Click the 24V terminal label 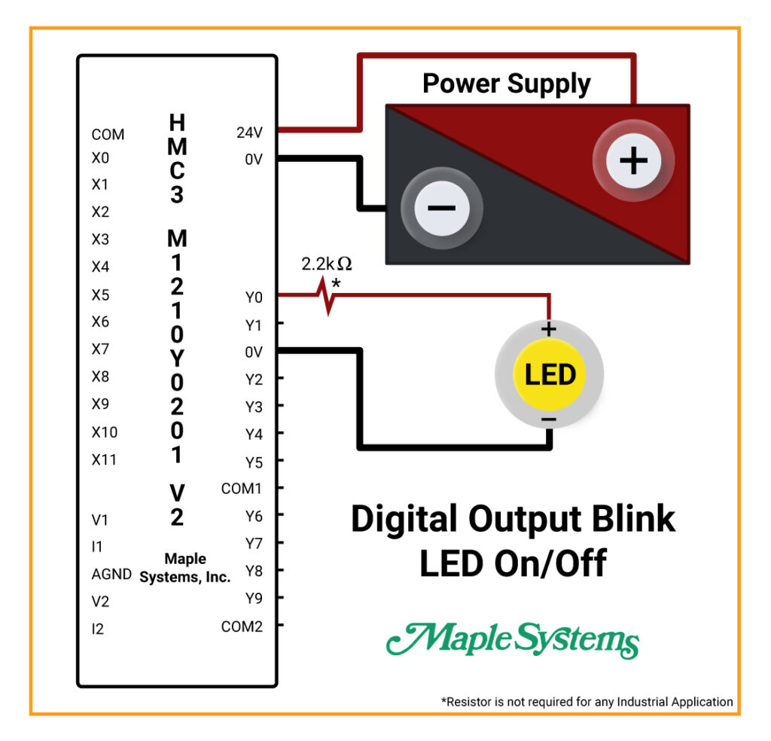(249, 133)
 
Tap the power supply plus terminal (633, 161)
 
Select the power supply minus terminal (441, 208)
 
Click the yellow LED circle (549, 375)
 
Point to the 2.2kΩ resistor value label (327, 264)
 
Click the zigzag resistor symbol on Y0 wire (325, 295)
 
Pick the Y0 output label (254, 297)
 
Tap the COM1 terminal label (241, 488)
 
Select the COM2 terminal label (242, 627)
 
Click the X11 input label (104, 460)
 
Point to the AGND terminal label (111, 574)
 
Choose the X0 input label (100, 158)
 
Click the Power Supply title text (507, 84)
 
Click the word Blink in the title (633, 519)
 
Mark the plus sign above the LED (549, 329)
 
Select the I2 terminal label (97, 629)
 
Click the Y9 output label (254, 599)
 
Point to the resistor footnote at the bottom (587, 702)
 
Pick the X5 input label (100, 295)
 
